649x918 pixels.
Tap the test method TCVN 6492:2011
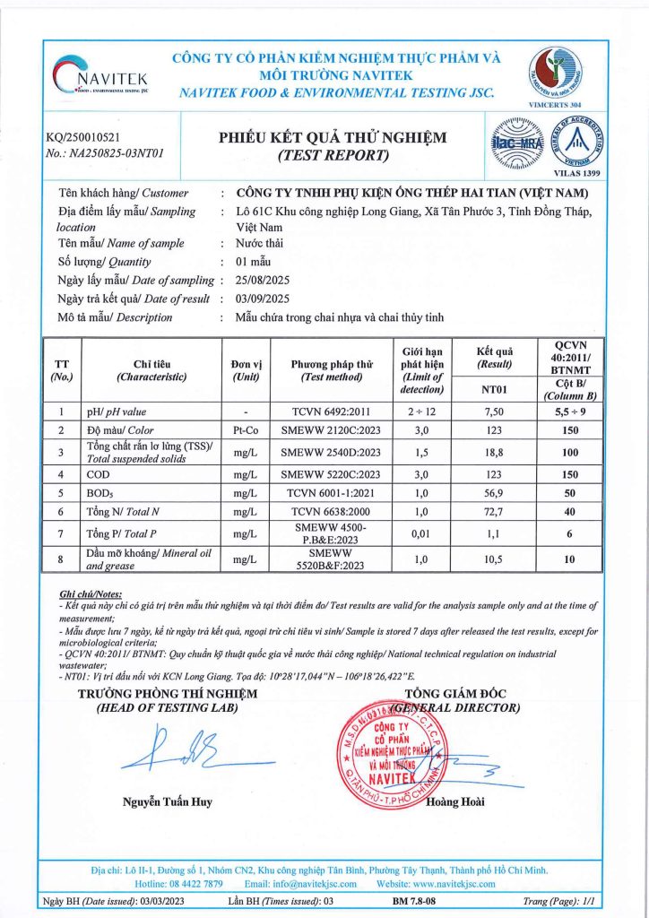(x=332, y=411)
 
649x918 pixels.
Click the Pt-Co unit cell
(x=245, y=430)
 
